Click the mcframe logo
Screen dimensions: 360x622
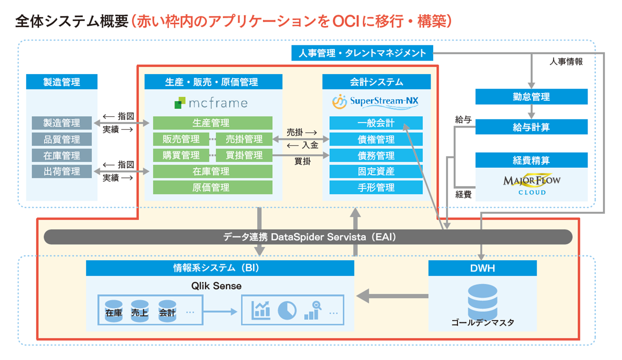(x=211, y=103)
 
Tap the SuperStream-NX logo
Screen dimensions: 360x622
(x=375, y=102)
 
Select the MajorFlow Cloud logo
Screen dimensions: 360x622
(x=531, y=184)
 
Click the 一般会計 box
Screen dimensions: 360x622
(x=376, y=123)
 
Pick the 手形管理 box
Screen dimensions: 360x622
(x=376, y=188)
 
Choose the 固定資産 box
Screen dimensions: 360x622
(x=376, y=172)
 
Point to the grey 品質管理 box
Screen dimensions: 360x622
(x=62, y=139)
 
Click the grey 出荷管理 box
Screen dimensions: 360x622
(x=62, y=172)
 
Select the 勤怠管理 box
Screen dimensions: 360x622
(x=531, y=97)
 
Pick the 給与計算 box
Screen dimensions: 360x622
(x=531, y=127)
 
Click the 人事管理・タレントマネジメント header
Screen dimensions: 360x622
(x=362, y=53)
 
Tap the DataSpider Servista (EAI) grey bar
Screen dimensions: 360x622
(x=309, y=237)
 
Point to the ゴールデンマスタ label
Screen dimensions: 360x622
(x=482, y=323)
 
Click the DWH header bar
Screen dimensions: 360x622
(x=482, y=268)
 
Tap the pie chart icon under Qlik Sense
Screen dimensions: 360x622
(x=287, y=309)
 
